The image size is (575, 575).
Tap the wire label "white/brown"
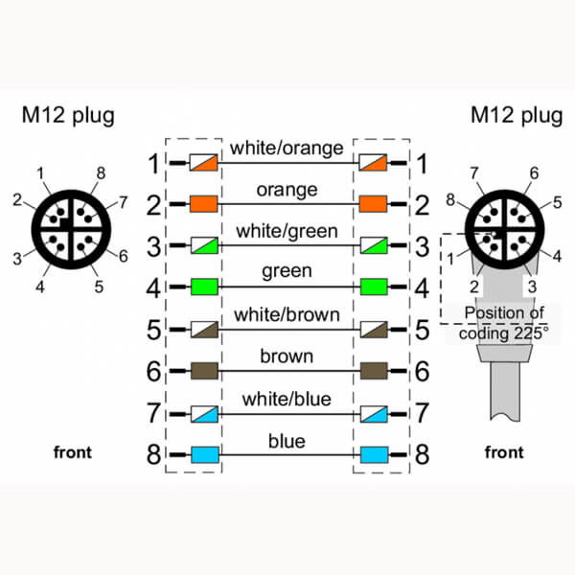[x=288, y=315]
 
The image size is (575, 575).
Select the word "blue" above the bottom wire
[x=288, y=441]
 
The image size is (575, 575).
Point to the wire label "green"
[x=288, y=271]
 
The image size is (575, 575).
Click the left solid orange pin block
[x=203, y=203]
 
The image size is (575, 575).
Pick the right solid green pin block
[x=373, y=286]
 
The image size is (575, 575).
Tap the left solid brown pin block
[x=203, y=369]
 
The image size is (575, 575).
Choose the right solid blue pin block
[x=373, y=453]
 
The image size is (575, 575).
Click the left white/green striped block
[x=203, y=244]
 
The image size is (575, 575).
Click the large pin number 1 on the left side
[x=153, y=163]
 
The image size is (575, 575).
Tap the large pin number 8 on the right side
[x=422, y=453]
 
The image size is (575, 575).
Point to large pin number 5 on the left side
[x=153, y=328]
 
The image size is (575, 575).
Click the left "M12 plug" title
[x=68, y=116]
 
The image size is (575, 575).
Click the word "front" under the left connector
[x=72, y=451]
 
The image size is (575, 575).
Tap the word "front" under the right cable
[x=504, y=451]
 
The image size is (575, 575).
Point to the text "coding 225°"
[x=504, y=333]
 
